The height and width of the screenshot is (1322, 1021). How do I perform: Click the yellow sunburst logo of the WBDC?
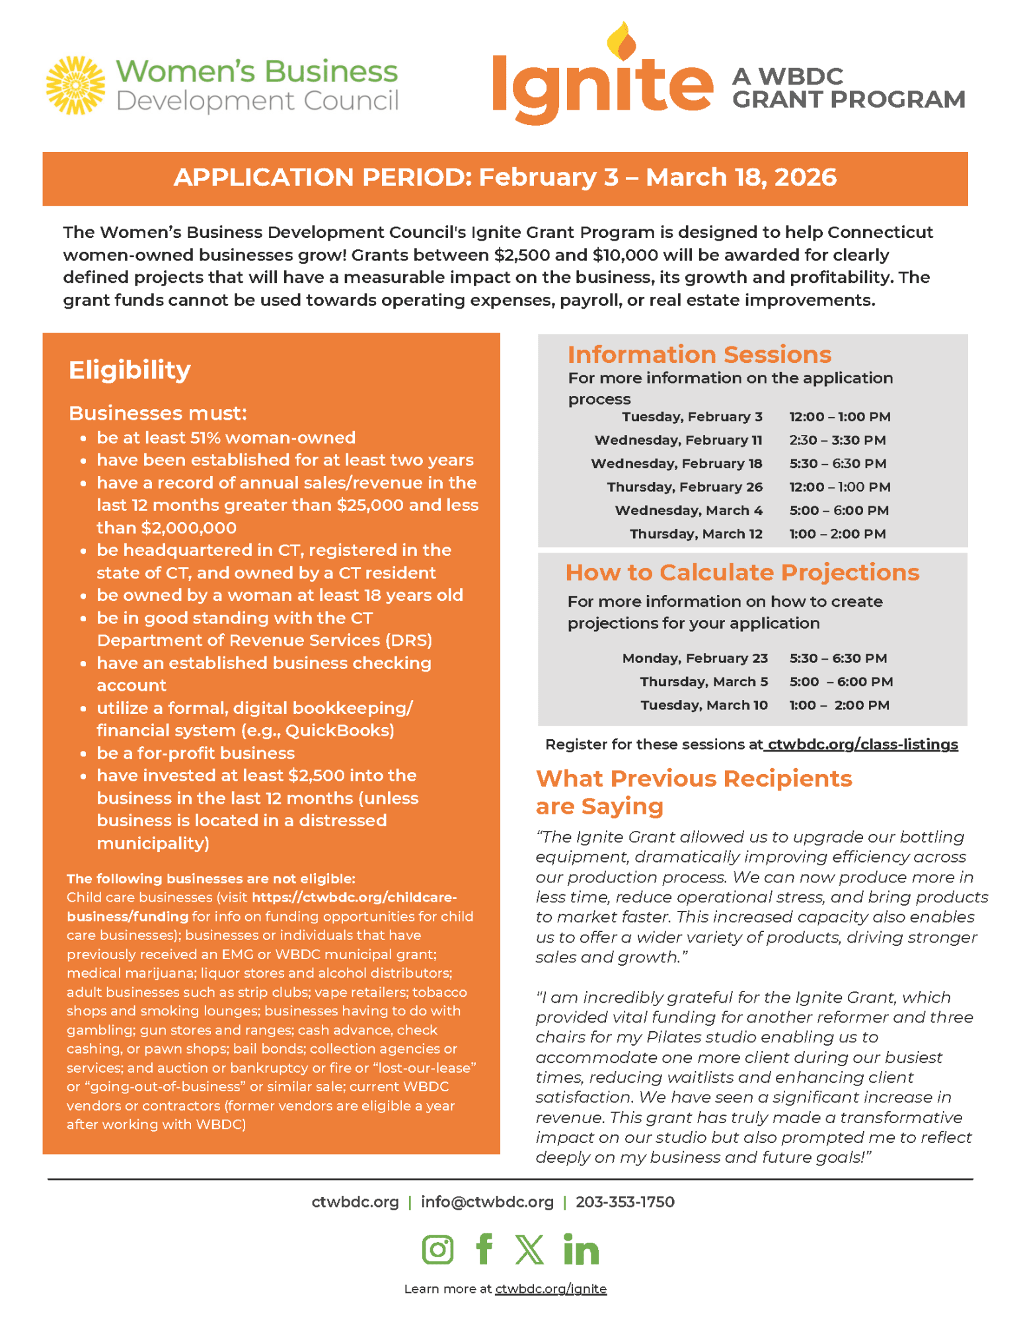(x=75, y=85)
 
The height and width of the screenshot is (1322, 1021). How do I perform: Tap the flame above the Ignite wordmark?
(x=621, y=41)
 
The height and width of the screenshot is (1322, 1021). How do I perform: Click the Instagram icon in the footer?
(x=437, y=1249)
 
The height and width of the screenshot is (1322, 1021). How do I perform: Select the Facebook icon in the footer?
(x=484, y=1249)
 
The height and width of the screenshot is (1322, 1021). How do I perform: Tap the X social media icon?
(x=529, y=1249)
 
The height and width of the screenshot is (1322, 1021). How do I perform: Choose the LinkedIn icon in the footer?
(x=581, y=1249)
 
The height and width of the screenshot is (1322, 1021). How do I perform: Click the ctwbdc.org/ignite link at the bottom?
(x=550, y=1289)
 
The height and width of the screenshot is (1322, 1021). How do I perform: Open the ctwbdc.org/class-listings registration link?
(x=862, y=744)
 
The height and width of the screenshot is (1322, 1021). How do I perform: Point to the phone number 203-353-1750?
(x=624, y=1202)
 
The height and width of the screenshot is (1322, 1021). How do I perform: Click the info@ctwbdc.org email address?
(x=487, y=1202)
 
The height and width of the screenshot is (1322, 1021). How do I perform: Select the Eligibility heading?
(x=130, y=369)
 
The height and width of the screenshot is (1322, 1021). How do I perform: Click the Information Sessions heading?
(x=699, y=354)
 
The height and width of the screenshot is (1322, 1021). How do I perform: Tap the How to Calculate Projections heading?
(x=742, y=572)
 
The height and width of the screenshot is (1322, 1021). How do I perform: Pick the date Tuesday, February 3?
(x=692, y=416)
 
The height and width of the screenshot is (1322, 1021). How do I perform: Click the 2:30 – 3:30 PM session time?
(x=837, y=440)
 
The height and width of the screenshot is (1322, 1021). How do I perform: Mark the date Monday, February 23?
(x=695, y=658)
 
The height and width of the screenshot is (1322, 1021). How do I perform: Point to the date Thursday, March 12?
(x=696, y=534)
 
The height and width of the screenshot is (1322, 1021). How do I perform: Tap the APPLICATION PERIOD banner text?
(x=505, y=177)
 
